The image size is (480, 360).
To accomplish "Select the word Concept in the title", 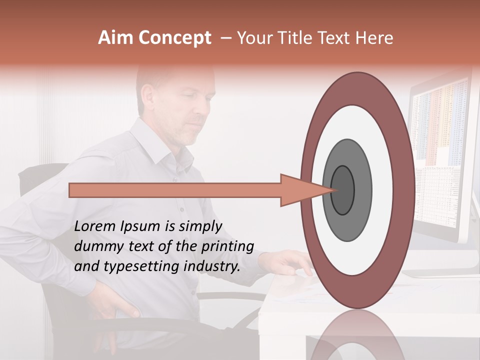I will point(174,38).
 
